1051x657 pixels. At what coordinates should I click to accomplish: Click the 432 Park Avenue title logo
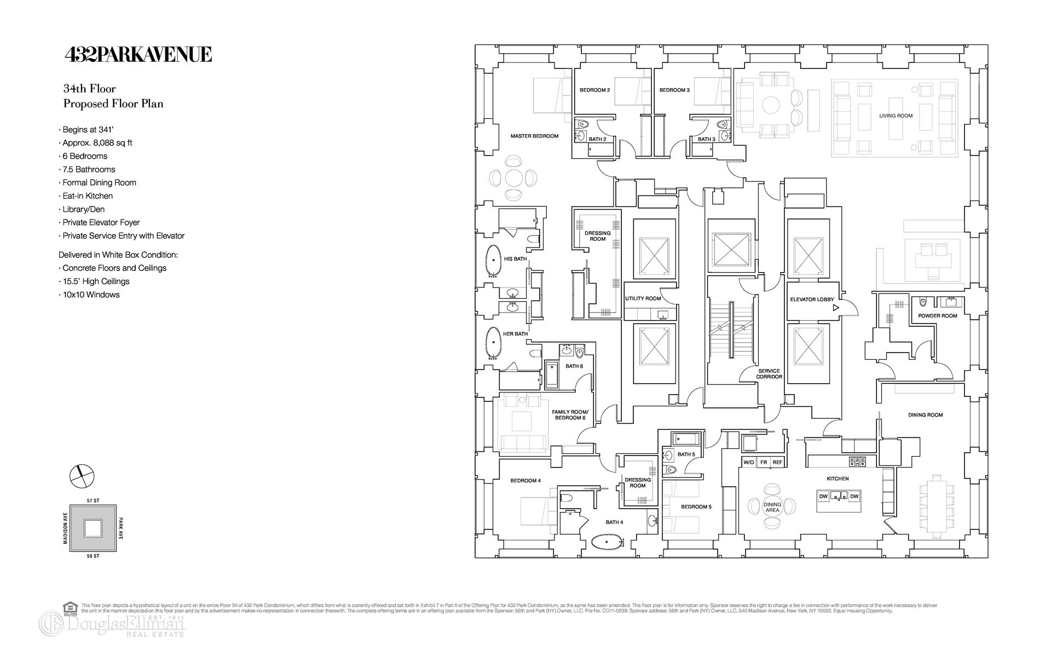(x=138, y=55)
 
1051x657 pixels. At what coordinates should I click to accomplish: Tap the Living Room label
(x=896, y=116)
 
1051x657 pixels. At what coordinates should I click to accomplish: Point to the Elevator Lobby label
(x=812, y=299)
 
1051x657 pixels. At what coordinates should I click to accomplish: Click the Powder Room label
(x=937, y=316)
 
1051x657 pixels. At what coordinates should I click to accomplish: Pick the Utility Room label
(x=643, y=298)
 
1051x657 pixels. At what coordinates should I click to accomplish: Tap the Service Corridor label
(x=769, y=374)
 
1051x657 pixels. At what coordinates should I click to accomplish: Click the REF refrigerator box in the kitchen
(x=777, y=462)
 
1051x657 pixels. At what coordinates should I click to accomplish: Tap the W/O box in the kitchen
(x=748, y=462)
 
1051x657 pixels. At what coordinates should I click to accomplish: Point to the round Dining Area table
(x=772, y=507)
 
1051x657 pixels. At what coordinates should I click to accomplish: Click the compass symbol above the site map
(x=82, y=475)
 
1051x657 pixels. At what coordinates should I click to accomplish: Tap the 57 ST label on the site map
(x=93, y=500)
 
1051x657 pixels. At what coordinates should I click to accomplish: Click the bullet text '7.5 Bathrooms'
(x=89, y=169)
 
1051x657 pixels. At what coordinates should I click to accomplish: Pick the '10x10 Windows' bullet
(x=91, y=295)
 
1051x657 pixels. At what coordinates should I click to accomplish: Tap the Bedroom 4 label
(x=525, y=481)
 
